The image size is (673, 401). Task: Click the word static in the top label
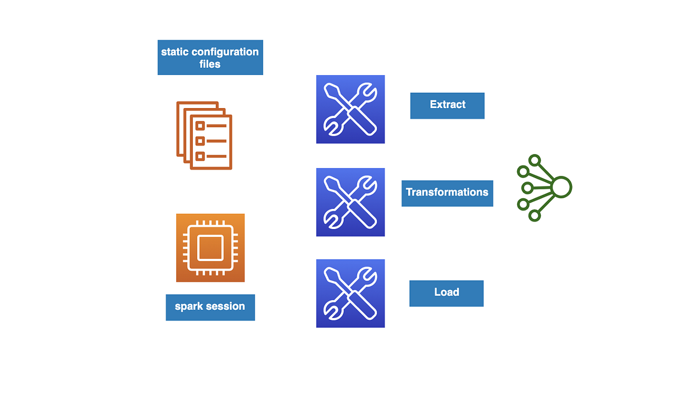tap(174, 52)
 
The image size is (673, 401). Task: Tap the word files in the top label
tap(210, 64)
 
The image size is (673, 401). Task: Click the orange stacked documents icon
tap(204, 135)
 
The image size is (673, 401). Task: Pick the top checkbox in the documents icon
tap(199, 126)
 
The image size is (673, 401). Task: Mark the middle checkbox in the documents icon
tap(199, 141)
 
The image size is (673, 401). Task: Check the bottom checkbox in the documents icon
tap(199, 156)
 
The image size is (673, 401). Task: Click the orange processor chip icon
tap(210, 248)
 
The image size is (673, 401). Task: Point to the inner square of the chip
tap(210, 248)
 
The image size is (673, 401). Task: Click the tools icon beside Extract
tap(351, 109)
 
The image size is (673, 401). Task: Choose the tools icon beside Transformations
tap(351, 202)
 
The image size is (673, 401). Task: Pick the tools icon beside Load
tap(351, 293)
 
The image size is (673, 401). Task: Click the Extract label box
tap(447, 105)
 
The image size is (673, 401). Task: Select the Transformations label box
tap(447, 193)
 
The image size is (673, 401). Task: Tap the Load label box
tap(446, 293)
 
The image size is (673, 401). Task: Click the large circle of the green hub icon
tap(561, 187)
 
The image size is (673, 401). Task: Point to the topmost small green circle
tap(534, 160)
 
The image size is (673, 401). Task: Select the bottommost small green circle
tap(534, 215)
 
